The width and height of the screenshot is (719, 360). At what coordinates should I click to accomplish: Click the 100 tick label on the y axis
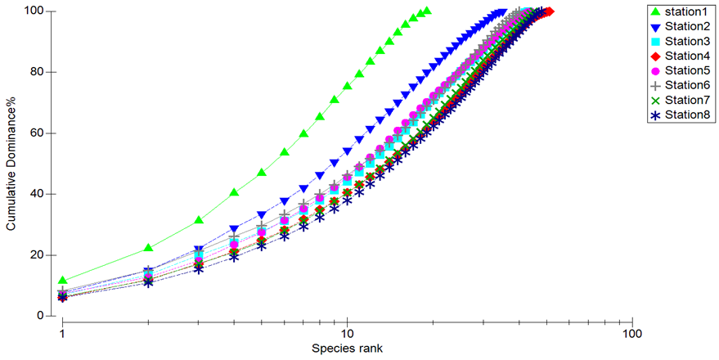coord(36,11)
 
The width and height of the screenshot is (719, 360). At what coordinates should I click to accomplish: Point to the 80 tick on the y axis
coord(38,72)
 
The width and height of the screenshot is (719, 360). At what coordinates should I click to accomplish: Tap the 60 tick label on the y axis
coord(38,133)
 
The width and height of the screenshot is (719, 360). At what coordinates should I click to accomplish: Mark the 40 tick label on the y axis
coord(38,194)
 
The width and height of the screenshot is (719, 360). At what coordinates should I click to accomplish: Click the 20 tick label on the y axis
coord(38,255)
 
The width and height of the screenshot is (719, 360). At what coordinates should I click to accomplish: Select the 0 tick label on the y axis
coord(41,316)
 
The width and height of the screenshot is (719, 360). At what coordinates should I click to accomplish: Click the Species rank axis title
coord(347,348)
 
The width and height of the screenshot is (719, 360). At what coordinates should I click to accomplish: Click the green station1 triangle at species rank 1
coord(62,280)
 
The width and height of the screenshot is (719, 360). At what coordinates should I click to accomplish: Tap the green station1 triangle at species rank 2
coord(148,248)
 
